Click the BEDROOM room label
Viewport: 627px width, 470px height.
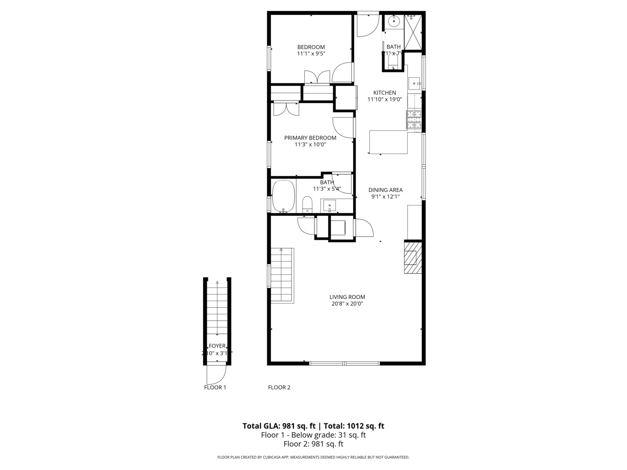tap(311, 47)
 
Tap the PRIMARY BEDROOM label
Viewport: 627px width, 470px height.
tap(310, 138)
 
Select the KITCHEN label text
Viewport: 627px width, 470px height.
tap(384, 93)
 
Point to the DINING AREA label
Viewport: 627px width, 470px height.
tap(385, 190)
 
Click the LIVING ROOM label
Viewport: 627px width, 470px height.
tap(347, 297)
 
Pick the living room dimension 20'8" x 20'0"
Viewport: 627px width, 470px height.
tap(347, 304)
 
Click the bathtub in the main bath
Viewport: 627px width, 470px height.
tap(283, 196)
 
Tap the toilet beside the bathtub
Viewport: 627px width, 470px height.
tap(307, 204)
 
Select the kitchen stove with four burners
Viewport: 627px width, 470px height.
tap(414, 120)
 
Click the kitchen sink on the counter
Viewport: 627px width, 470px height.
tap(414, 82)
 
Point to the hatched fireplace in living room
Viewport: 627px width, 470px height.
tap(413, 258)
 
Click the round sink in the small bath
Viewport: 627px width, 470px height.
tap(394, 20)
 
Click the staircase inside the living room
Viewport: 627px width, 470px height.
tap(282, 275)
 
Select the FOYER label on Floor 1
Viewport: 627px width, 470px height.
tap(217, 346)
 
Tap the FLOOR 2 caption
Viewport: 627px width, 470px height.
tap(279, 387)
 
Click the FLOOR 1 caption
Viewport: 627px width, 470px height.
tap(215, 387)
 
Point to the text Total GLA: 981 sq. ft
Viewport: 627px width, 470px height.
tap(279, 426)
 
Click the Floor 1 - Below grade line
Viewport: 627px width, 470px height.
tap(313, 435)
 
